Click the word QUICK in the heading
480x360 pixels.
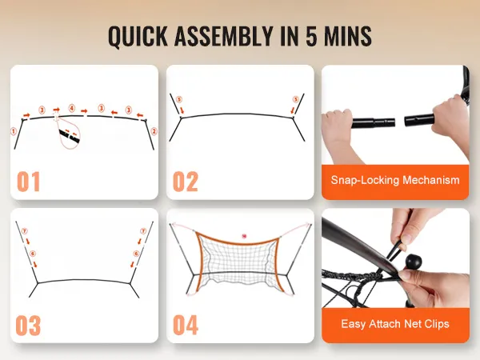pyautogui.click(x=138, y=37)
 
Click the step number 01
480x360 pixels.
pyautogui.click(x=29, y=182)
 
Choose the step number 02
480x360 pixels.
pyautogui.click(x=186, y=182)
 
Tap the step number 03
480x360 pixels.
pyautogui.click(x=28, y=326)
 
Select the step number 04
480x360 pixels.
pyautogui.click(x=186, y=325)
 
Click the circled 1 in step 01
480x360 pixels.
pyautogui.click(x=13, y=131)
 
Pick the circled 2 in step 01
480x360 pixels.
pyautogui.click(x=154, y=131)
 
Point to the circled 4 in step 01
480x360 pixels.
pyautogui.click(x=72, y=108)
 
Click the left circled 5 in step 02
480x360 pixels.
pyautogui.click(x=179, y=99)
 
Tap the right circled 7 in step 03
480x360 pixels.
pyautogui.click(x=143, y=231)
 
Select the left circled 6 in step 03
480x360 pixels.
pyautogui.click(x=33, y=254)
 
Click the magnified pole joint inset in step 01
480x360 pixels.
pyautogui.click(x=70, y=134)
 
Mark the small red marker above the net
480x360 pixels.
pyautogui.click(x=244, y=236)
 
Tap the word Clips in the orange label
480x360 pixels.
pyautogui.click(x=437, y=324)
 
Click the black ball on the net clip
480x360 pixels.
pyautogui.click(x=414, y=262)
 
